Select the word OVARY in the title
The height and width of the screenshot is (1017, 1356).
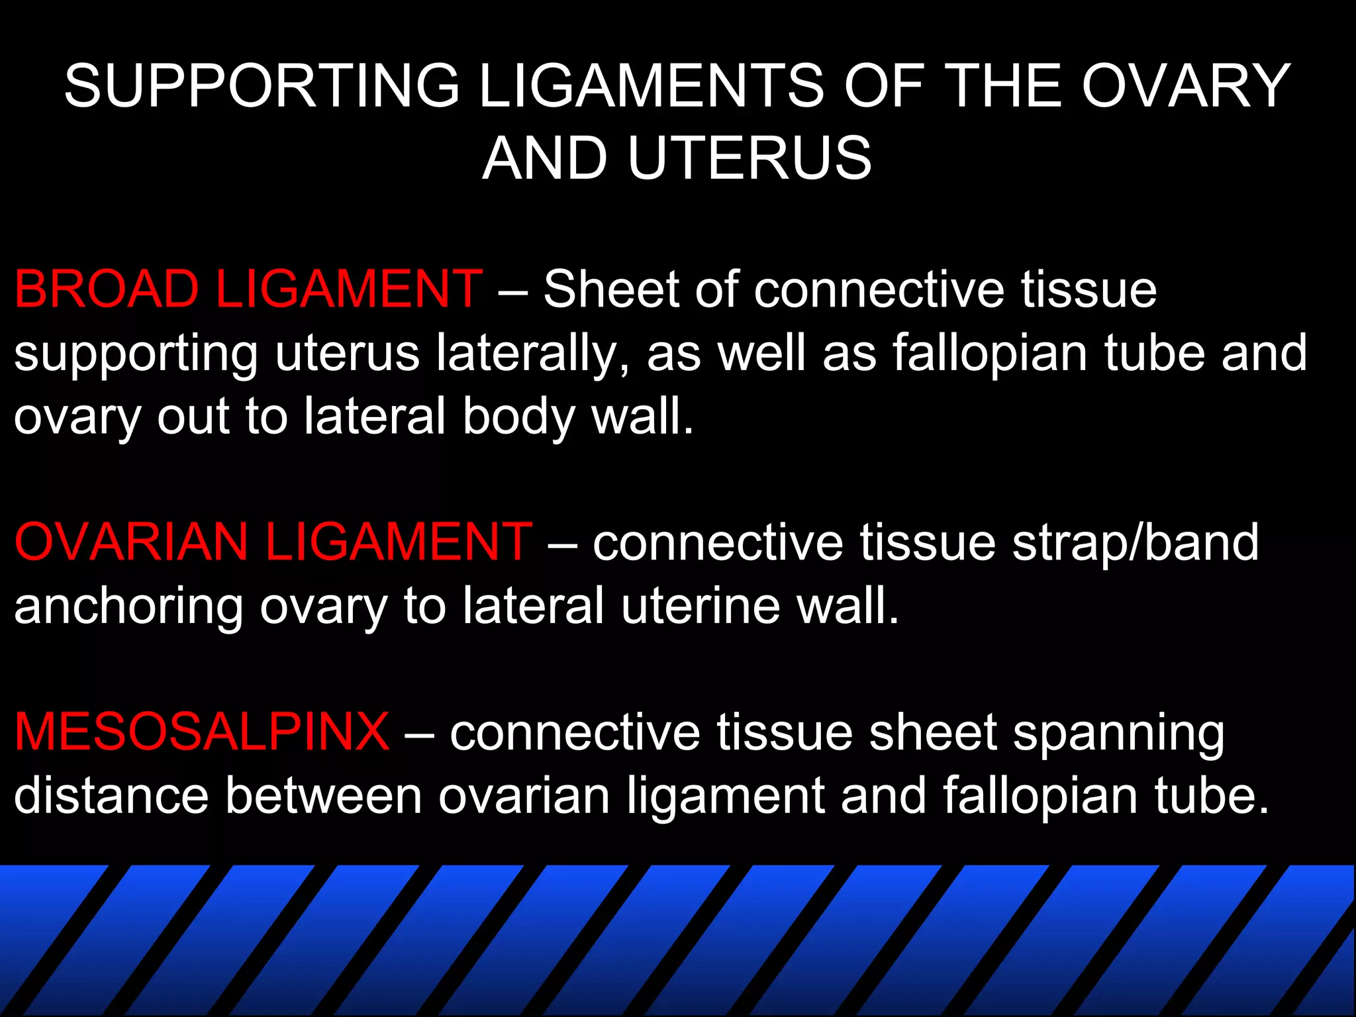1186,86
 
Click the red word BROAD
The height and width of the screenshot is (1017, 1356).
107,289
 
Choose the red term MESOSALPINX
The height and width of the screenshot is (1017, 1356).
202,732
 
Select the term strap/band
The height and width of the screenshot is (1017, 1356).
1135,542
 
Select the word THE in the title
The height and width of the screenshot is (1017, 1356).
1002,86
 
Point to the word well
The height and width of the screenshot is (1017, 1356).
761,353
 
